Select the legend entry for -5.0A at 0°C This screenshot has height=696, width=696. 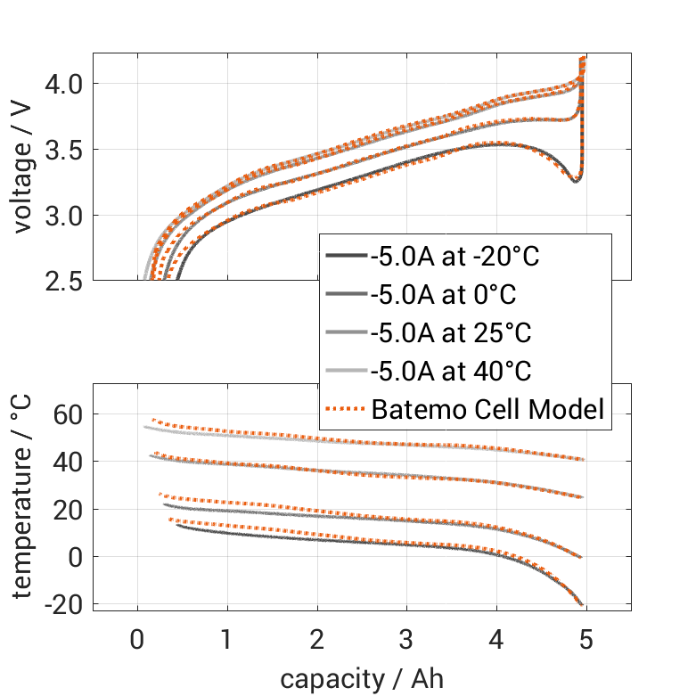point(443,295)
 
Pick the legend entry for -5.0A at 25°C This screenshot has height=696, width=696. point(449,333)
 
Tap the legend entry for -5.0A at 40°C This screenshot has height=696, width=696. point(449,372)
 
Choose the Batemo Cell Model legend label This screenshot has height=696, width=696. point(487,410)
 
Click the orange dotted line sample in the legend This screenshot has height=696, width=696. point(346,410)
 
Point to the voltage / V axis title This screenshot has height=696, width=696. point(24,168)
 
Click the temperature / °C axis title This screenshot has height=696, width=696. point(24,496)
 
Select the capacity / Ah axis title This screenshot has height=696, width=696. point(362,678)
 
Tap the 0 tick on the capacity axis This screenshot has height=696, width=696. point(137,640)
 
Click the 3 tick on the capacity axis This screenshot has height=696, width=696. point(406,640)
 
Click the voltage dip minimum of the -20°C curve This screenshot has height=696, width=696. point(575,181)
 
